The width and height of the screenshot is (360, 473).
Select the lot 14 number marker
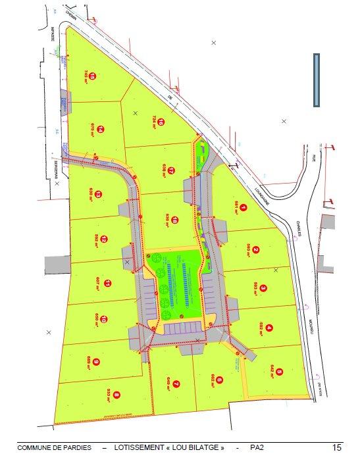click(101, 130)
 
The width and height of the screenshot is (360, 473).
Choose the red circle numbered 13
click(98, 194)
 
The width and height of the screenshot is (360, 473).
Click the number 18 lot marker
click(176, 220)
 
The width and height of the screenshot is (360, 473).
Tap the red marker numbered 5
click(279, 372)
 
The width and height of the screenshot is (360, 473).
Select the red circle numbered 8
click(117, 395)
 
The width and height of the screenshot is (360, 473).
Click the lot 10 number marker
click(103, 320)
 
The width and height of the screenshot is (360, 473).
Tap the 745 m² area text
click(85, 76)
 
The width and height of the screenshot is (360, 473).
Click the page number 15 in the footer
click(336, 448)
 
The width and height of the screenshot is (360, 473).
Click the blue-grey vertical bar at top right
click(316, 80)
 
